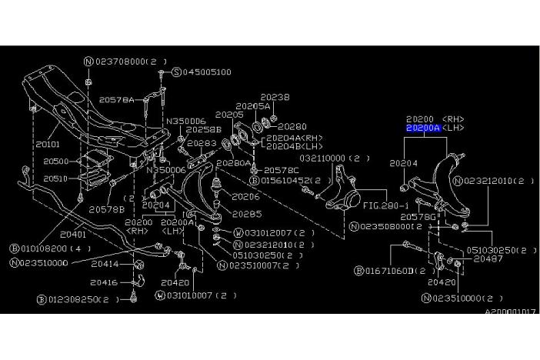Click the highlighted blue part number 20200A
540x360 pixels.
(x=422, y=129)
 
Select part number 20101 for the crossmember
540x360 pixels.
(x=48, y=143)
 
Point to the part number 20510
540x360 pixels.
(x=55, y=178)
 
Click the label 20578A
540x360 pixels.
(x=116, y=100)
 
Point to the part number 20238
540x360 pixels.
(x=275, y=98)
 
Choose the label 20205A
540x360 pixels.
(x=252, y=106)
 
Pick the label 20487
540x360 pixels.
(x=488, y=260)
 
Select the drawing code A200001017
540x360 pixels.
(x=511, y=313)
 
